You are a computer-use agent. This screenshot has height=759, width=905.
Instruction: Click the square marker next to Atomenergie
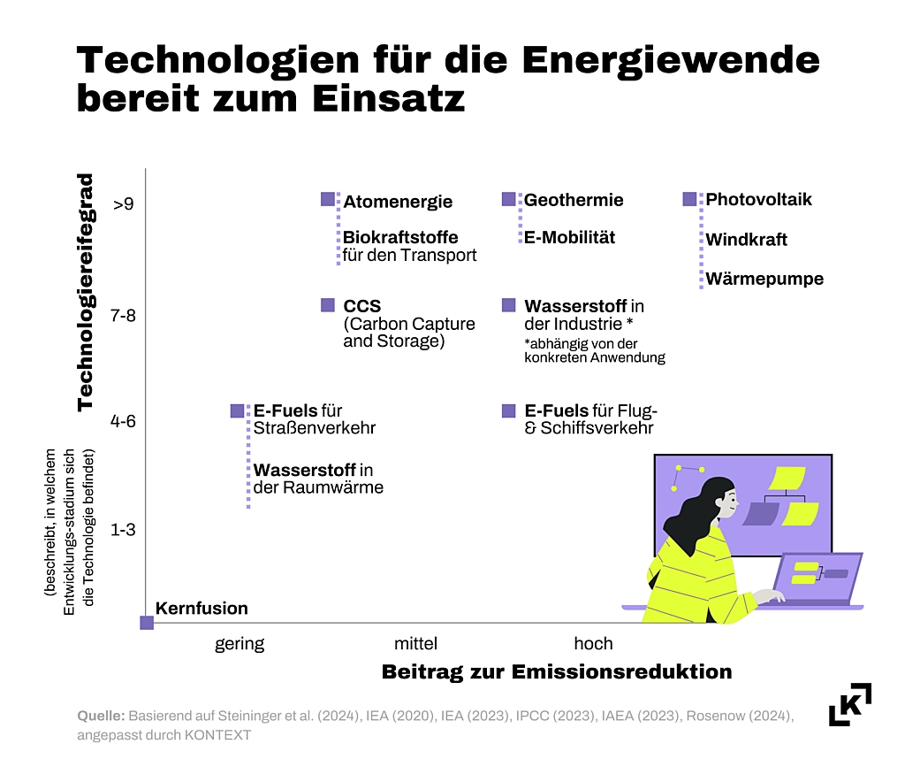click(x=328, y=199)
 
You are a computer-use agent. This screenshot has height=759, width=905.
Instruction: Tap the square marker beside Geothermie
click(x=508, y=199)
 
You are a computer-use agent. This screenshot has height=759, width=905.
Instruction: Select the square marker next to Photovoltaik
click(x=689, y=199)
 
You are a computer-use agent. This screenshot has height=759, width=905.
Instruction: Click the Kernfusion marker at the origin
click(x=147, y=623)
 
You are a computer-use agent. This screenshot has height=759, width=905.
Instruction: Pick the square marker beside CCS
click(x=328, y=305)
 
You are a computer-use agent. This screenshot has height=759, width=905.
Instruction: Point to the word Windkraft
click(x=746, y=240)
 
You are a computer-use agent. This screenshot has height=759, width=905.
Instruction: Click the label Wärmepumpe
click(x=764, y=279)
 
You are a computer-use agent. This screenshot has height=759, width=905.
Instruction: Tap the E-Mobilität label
click(x=570, y=237)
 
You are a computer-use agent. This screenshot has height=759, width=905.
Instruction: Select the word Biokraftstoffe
click(x=400, y=237)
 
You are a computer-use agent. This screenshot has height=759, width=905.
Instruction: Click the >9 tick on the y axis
click(x=123, y=203)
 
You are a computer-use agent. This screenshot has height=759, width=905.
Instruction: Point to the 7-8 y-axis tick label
click(x=123, y=316)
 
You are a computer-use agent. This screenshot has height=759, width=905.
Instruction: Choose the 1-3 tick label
click(x=123, y=530)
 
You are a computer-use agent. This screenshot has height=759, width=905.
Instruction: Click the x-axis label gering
click(x=240, y=644)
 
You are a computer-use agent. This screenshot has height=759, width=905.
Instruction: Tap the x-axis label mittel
click(x=415, y=643)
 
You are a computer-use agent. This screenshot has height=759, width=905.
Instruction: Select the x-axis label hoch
click(x=593, y=643)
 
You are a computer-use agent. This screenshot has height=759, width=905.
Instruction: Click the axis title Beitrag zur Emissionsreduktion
click(x=557, y=671)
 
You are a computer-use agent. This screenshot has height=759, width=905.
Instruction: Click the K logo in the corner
click(x=849, y=704)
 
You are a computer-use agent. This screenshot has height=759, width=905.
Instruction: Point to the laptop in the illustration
click(x=818, y=579)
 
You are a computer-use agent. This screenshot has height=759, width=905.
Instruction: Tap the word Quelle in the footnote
click(x=101, y=717)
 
